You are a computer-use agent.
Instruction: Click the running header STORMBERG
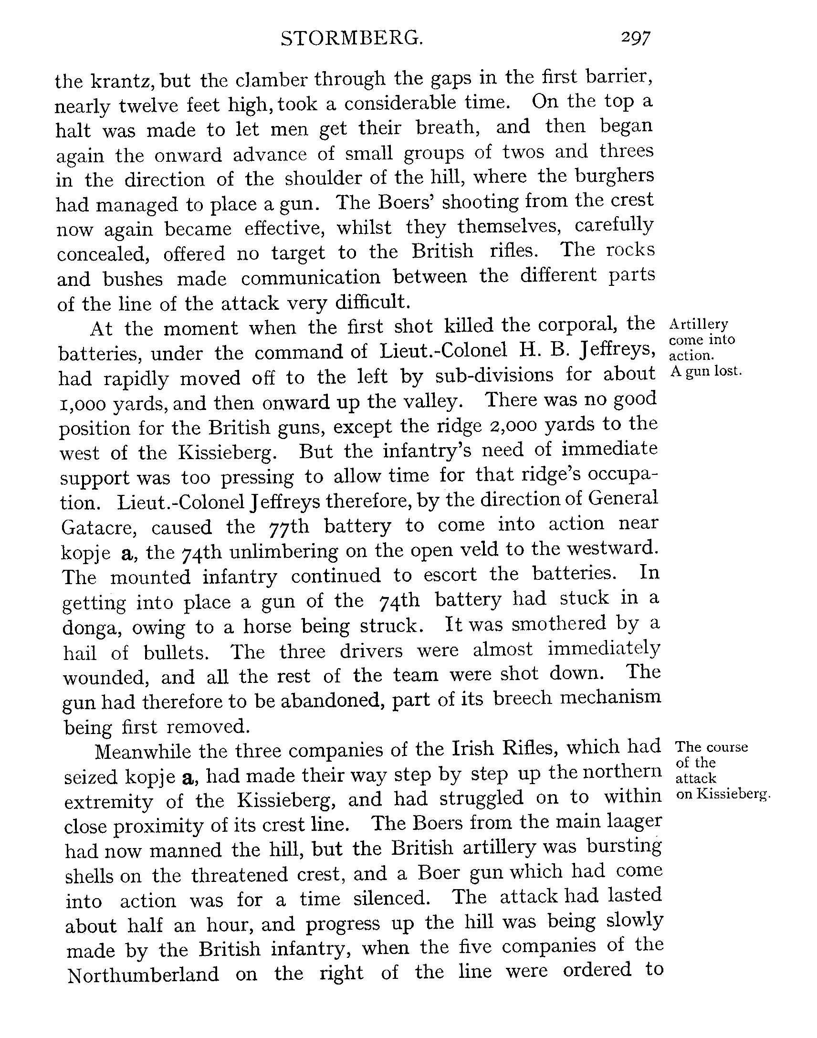[352, 39]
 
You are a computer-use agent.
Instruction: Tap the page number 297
[636, 38]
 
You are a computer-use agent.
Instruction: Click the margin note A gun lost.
[705, 372]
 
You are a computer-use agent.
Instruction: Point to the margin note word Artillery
[698, 325]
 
